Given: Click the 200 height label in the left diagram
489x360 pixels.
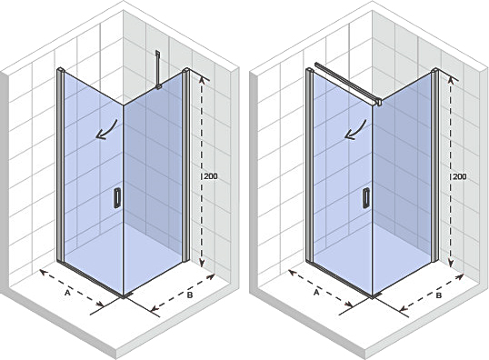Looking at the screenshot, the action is [x=211, y=176].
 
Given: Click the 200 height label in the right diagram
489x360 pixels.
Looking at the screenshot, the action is [x=460, y=176].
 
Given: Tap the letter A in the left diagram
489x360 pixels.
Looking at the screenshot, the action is [x=67, y=293].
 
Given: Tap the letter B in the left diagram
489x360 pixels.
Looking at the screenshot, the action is [x=190, y=295].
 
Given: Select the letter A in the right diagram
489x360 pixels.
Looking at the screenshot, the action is [x=316, y=293].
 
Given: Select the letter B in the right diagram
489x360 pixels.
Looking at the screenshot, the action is [x=438, y=295].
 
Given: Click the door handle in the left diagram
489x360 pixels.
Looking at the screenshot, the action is [x=117, y=198].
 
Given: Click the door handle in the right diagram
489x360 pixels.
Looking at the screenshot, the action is [x=365, y=198].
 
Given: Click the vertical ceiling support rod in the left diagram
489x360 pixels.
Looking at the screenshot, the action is [x=158, y=68].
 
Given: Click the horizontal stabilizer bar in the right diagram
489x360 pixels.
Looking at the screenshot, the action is [x=348, y=84].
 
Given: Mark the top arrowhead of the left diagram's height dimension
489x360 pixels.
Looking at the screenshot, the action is [x=202, y=80].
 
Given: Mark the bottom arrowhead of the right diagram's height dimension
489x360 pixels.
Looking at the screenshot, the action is [x=451, y=264].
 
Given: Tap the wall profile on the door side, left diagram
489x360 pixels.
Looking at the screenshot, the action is [x=61, y=165].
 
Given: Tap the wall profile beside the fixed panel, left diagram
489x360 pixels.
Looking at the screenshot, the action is [x=185, y=165].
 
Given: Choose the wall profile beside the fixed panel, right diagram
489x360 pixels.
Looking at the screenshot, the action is [x=434, y=165].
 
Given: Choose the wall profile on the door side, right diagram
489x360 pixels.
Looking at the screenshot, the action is [x=309, y=165].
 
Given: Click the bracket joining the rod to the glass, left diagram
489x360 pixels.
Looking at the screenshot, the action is [x=158, y=87].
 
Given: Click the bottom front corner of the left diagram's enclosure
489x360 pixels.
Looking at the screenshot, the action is [x=124, y=295].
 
